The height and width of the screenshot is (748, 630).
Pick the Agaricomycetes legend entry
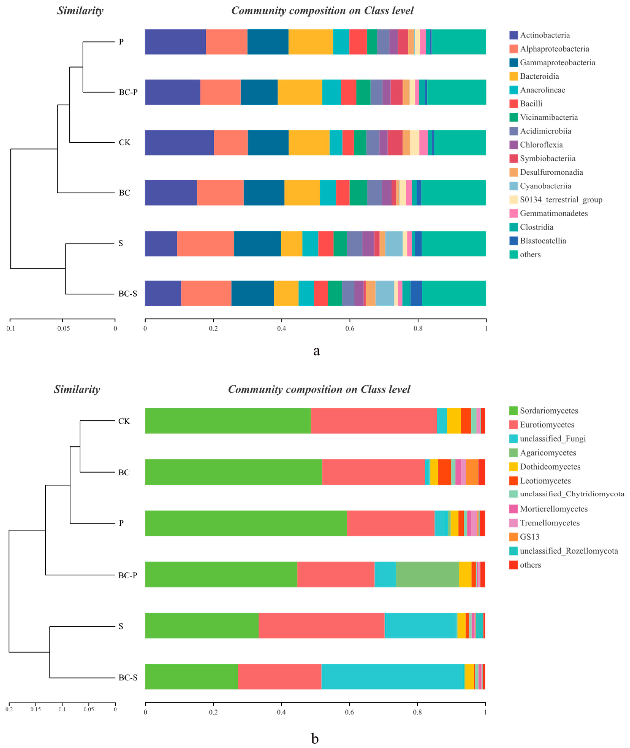pos(548,453)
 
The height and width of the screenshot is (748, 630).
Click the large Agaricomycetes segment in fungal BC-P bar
pos(427,574)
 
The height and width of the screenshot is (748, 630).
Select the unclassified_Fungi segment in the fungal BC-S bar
pos(392,677)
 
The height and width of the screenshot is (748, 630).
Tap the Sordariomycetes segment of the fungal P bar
pos(246,523)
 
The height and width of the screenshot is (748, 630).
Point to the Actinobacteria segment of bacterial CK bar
pos(179,142)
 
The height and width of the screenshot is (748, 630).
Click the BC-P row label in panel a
pos(128,92)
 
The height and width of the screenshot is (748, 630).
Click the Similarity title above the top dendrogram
pos(80,11)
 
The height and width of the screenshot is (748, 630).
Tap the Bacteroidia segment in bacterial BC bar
pos(302,193)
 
